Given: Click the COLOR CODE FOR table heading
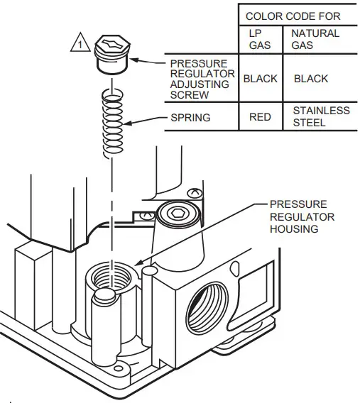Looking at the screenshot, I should point(293,15).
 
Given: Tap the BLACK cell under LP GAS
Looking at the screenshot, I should point(260,79).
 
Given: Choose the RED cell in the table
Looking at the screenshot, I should point(259,117).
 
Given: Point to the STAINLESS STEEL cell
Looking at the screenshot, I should point(321,117).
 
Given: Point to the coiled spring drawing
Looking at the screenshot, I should point(113,123).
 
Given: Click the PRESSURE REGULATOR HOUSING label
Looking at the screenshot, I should point(302,216).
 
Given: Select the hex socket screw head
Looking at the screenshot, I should point(175,213).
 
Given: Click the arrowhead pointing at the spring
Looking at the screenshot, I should point(128,126).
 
